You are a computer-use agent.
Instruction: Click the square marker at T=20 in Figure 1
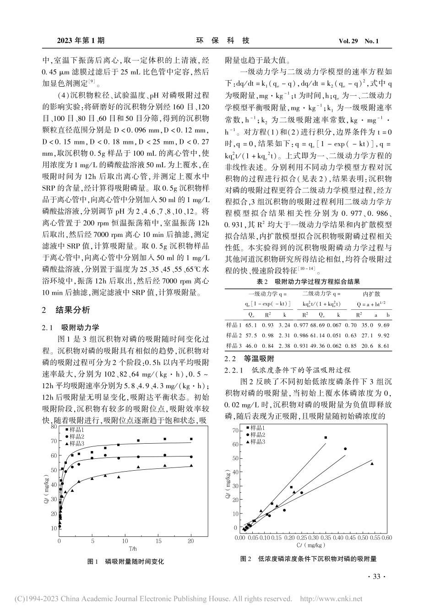[191, 439]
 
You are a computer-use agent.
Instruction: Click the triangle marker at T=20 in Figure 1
[191, 465]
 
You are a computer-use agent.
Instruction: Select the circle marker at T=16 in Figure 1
[165, 455]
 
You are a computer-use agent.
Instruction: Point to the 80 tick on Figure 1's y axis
[54, 426]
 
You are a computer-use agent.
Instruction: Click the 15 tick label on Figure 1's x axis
[158, 541]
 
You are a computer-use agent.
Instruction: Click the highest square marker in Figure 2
[326, 438]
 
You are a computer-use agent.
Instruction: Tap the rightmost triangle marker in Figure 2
[372, 464]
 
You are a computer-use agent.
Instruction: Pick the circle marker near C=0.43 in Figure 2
[345, 449]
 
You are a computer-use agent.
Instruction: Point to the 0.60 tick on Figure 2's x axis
[387, 537]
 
